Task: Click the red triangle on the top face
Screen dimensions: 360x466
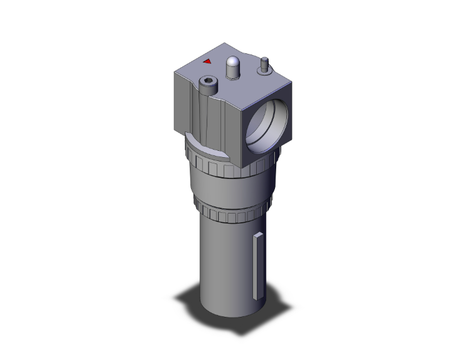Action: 207,61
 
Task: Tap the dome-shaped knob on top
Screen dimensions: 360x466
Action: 233,63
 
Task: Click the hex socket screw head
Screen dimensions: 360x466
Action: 207,81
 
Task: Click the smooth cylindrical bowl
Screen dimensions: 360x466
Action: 222,263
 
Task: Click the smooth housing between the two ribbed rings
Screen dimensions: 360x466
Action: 229,188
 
